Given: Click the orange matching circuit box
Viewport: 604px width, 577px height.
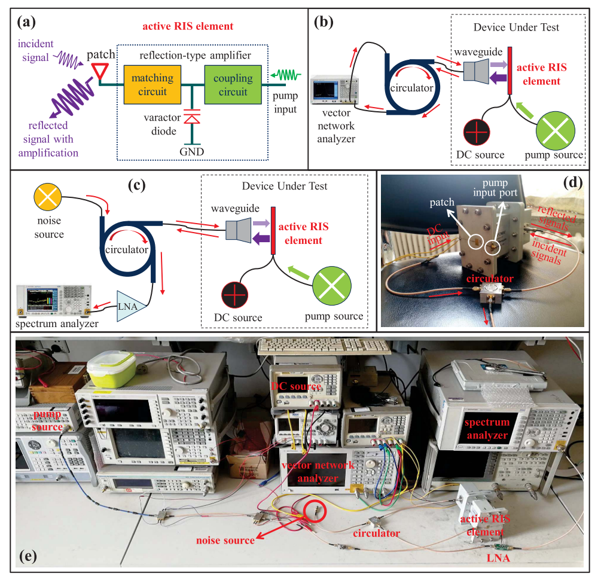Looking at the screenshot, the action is pyautogui.click(x=152, y=85).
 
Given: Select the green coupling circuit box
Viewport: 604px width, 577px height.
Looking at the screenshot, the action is pyautogui.click(x=233, y=85).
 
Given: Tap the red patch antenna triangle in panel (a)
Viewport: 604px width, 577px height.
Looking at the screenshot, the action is pyautogui.click(x=100, y=71).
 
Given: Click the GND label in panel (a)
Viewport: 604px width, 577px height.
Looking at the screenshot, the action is pyautogui.click(x=192, y=152).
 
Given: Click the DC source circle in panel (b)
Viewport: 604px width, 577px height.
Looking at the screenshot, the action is pyautogui.click(x=477, y=132).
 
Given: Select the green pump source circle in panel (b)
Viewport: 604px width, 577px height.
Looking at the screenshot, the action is pyautogui.click(x=556, y=131).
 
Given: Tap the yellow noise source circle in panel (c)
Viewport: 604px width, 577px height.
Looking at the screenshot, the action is pyautogui.click(x=48, y=197).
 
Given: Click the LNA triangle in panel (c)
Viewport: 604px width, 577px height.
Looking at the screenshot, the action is pyautogui.click(x=130, y=306).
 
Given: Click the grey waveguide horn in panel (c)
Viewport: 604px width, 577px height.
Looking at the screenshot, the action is pyautogui.click(x=238, y=231).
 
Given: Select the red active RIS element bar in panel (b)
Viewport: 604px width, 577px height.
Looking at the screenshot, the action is pyautogui.click(x=510, y=71).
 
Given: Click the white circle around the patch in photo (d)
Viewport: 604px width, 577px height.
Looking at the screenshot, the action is pyautogui.click(x=476, y=242).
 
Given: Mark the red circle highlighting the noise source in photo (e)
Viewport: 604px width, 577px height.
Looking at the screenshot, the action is pyautogui.click(x=316, y=511).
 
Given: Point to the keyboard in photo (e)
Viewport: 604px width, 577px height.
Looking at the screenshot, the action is pyautogui.click(x=324, y=346).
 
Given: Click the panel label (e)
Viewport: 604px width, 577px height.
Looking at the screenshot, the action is pyautogui.click(x=28, y=556).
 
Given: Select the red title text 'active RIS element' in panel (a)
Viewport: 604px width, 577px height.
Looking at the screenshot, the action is pyautogui.click(x=188, y=26).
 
